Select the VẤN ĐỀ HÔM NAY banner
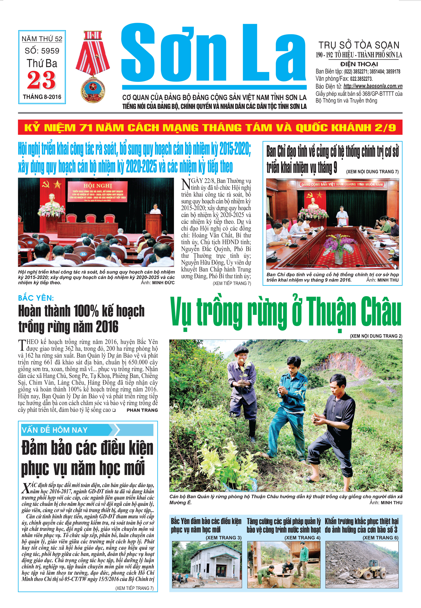[87, 430]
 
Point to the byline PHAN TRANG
[142, 410]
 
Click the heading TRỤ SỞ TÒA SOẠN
[359, 45]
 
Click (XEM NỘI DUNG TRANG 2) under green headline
[376, 336]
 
